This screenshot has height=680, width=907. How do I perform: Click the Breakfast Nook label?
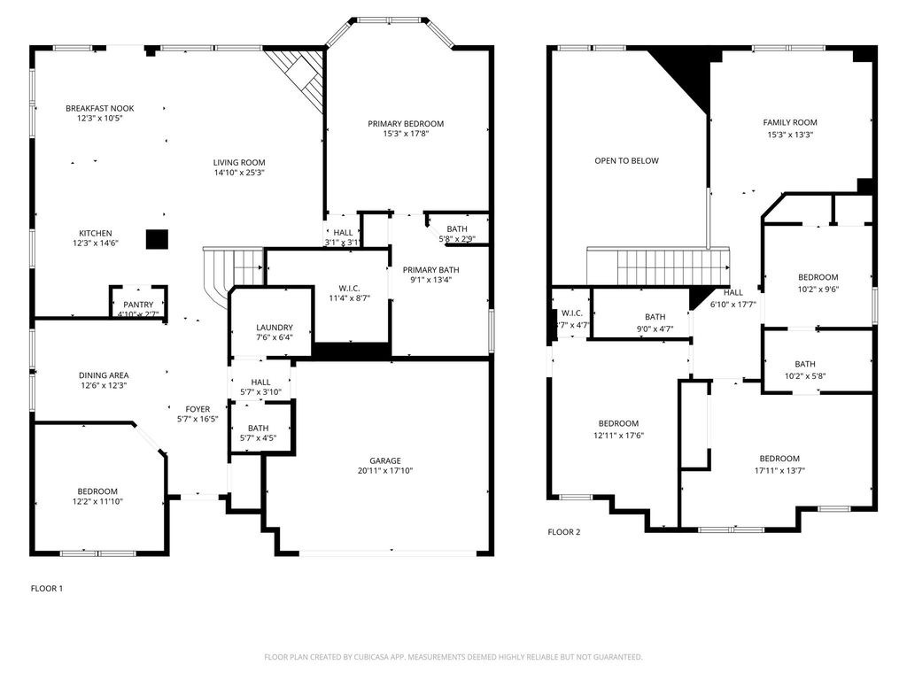coord(99,108)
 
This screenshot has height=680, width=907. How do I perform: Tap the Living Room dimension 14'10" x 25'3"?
coord(239,173)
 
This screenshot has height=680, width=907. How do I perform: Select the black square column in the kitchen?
coord(157,239)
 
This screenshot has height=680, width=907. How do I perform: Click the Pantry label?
coord(138,305)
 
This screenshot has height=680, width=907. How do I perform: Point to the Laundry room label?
coord(275,328)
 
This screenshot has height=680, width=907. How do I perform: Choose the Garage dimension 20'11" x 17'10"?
coord(385,471)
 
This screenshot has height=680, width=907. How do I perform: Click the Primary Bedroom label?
coord(406,124)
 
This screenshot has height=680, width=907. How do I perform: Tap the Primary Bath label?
coord(431,270)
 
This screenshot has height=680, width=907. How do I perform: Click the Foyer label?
coord(198,409)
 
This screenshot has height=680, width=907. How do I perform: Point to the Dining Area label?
coord(104,375)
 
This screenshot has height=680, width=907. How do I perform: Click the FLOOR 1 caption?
coord(47,589)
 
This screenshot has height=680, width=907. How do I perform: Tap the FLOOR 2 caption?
coord(564,532)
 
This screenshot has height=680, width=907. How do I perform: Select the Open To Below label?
coord(626,161)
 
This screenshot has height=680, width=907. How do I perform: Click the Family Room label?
coord(789,122)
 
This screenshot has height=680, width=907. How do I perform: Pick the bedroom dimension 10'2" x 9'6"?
coord(818,290)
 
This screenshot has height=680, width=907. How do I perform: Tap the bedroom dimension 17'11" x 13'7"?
coord(779,471)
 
